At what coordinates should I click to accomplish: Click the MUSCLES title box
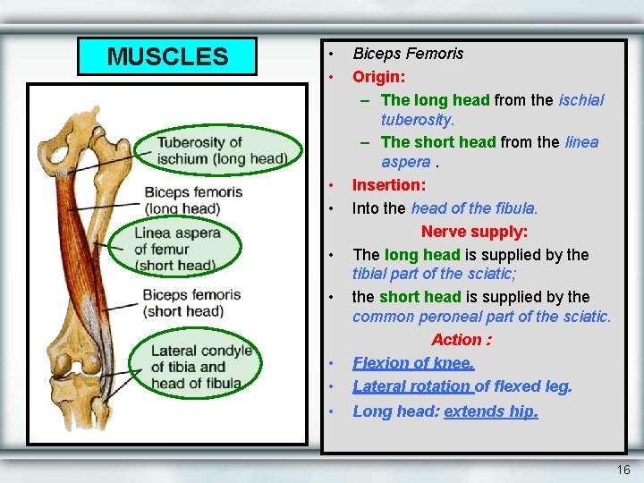[167, 56]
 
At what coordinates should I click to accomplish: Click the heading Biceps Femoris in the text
[408, 54]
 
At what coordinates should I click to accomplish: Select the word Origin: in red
[378, 76]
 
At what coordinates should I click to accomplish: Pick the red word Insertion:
[389, 185]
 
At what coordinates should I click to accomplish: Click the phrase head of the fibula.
[474, 208]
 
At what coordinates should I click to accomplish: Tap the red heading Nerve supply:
[474, 232]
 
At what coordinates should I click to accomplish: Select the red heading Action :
[462, 340]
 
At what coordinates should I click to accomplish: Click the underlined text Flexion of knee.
[413, 363]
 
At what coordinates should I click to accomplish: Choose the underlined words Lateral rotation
[411, 386]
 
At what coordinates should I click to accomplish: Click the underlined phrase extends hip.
[491, 411]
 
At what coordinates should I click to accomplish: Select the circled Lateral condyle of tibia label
[201, 367]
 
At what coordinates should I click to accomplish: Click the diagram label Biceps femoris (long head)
[192, 200]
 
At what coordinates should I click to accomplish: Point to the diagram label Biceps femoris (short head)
[191, 302]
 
